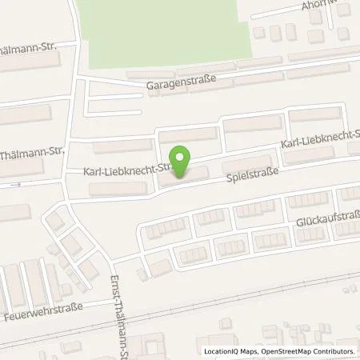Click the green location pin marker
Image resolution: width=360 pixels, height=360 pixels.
click(x=182, y=162)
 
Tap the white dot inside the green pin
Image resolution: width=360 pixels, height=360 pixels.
click(x=182, y=158)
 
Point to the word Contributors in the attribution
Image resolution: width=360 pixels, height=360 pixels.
click(x=336, y=351)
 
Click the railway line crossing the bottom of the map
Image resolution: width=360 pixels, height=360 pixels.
click(x=240, y=296)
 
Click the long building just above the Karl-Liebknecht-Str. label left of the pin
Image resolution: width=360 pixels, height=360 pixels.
click(x=123, y=146)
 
